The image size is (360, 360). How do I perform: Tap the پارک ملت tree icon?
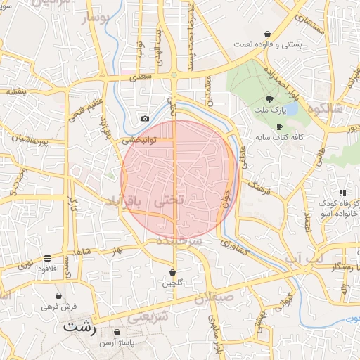pos(270,98)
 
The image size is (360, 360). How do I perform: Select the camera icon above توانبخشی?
pos(145,119)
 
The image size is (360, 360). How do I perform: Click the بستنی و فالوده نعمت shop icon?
pos(267,34)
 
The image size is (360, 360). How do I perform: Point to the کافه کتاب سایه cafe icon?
pos(280,127)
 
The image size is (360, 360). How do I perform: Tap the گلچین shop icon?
pos(173,272)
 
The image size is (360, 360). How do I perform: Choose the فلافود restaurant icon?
pos(47,258)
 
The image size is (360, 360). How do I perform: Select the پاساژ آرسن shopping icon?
pos(116,332)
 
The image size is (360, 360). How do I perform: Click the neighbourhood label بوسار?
pos(96,19)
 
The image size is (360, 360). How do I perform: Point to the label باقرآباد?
pos(123,202)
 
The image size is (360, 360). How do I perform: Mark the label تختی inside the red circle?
pos(168,200)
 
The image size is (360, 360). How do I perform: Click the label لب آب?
pos(304,259)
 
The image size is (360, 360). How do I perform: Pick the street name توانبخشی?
pos(139,140)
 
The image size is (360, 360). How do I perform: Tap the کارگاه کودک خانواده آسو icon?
pos(342,192)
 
